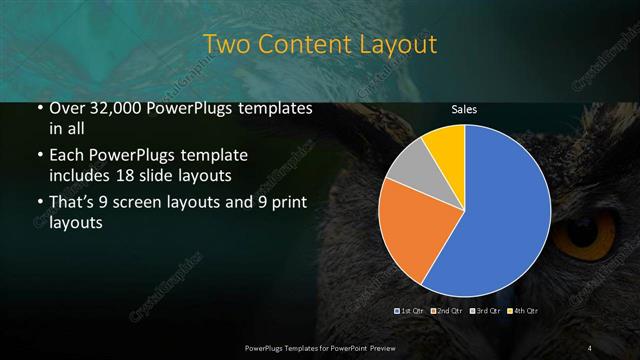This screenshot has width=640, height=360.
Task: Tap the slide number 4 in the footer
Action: (590, 347)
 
